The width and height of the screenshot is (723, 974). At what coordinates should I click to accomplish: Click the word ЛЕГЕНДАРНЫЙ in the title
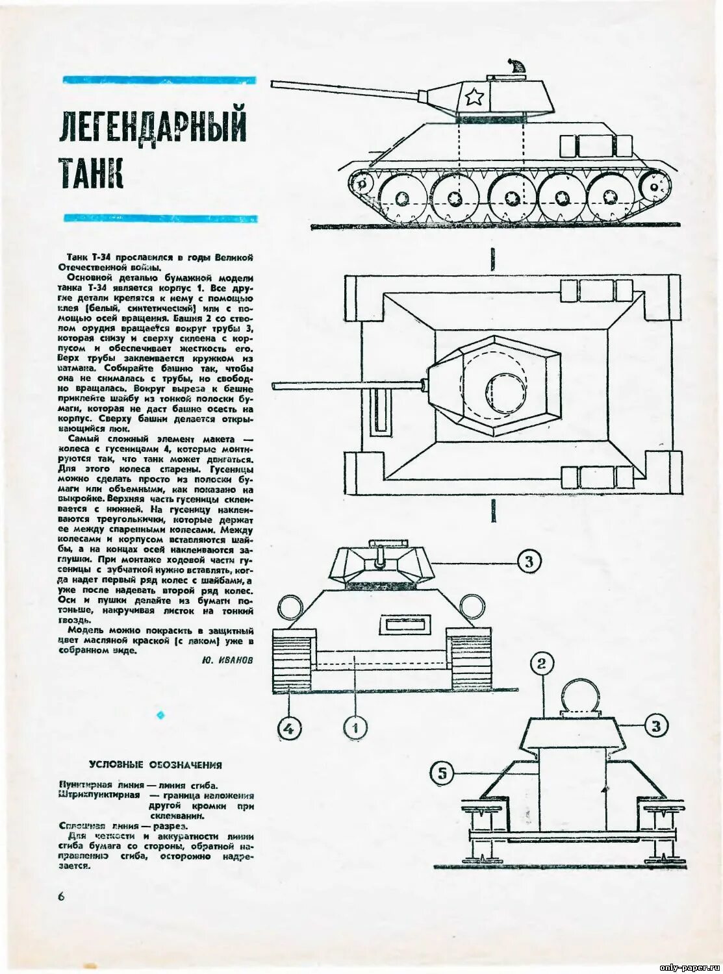(x=153, y=126)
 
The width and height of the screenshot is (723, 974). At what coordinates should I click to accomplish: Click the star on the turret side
(x=474, y=98)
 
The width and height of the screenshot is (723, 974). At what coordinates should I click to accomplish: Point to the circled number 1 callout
(x=355, y=727)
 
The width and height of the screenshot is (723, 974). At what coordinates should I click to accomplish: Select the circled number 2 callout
(x=542, y=663)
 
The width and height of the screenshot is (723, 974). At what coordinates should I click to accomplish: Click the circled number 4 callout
(x=290, y=728)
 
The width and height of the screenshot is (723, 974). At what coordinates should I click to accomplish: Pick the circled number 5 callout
(x=442, y=773)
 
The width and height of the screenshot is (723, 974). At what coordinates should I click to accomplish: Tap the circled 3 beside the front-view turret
(x=529, y=561)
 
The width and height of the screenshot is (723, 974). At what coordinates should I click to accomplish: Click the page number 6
(x=62, y=896)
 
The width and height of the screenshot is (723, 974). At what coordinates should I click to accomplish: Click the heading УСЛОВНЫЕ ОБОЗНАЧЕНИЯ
(x=156, y=764)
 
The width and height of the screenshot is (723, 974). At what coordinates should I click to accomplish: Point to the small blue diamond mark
(x=160, y=715)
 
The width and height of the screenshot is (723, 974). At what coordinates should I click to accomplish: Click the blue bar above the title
(x=159, y=81)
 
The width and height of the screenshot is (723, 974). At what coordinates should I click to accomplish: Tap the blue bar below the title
(x=160, y=219)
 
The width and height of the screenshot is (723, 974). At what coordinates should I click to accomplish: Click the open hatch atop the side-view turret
(x=516, y=66)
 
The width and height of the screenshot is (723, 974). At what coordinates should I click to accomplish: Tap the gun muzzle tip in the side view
(x=274, y=84)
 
